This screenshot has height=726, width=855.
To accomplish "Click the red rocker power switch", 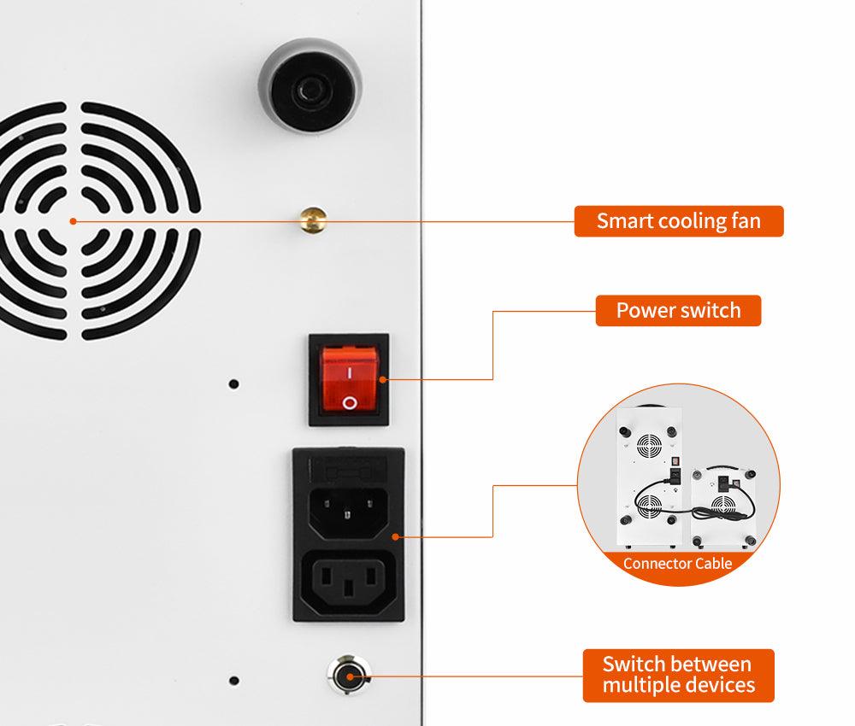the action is (349, 379).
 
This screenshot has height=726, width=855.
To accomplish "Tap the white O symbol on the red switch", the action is (350, 403).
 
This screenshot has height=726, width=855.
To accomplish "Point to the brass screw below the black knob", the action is (314, 220).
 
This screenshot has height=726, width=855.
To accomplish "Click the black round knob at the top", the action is (310, 85).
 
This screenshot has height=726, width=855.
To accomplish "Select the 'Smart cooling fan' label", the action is (679, 221).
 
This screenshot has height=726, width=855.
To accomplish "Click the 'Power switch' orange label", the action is (678, 310).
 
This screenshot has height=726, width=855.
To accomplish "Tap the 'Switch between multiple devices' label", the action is (678, 676).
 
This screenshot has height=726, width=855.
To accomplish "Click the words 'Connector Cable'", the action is (678, 563).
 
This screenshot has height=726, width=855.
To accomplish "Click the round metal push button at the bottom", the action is (349, 676).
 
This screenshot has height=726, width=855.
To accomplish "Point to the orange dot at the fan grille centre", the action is (73, 221).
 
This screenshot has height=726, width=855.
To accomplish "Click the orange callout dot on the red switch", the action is (382, 379).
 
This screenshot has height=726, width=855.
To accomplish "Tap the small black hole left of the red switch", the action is (233, 384).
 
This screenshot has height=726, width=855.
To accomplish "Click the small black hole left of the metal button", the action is (234, 680).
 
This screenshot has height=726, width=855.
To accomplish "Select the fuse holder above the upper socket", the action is (349, 468).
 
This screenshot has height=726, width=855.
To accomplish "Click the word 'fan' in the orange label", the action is (746, 221).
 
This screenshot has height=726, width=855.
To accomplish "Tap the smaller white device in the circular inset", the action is (723, 507).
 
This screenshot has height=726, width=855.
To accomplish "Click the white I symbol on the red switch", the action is (349, 373).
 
